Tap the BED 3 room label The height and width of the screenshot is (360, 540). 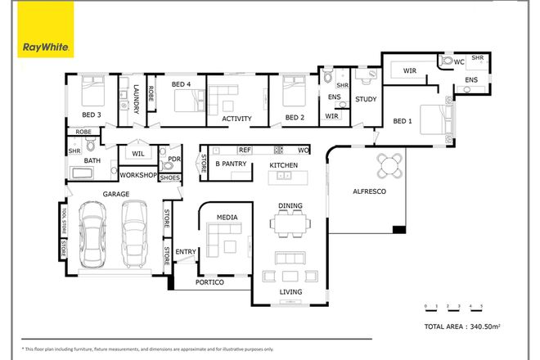[91, 115]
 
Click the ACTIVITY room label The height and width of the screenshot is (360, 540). [236, 119]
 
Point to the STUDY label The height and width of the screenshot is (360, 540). [365, 100]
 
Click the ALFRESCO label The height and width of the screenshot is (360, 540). [369, 190]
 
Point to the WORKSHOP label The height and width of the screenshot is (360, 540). [137, 175]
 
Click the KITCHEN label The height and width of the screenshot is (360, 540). [284, 166]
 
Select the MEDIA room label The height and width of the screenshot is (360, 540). [227, 217]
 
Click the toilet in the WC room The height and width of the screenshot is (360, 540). [447, 61]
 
